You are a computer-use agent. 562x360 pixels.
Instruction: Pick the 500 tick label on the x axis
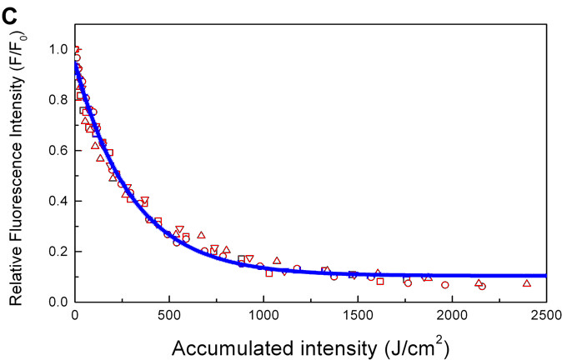click(169, 314)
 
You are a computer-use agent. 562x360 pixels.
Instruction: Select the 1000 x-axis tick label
click(263, 314)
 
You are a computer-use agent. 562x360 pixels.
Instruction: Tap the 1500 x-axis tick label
click(358, 314)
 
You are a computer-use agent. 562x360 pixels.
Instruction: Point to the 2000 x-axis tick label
click(452, 314)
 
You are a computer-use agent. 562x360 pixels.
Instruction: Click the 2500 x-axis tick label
click(546, 314)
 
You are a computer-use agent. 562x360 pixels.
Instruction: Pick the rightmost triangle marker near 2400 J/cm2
click(527, 283)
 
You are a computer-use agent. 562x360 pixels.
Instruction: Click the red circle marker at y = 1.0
click(76, 50)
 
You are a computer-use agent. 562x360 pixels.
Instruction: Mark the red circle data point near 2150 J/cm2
click(482, 286)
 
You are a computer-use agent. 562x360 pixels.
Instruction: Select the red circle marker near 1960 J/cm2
click(445, 285)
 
